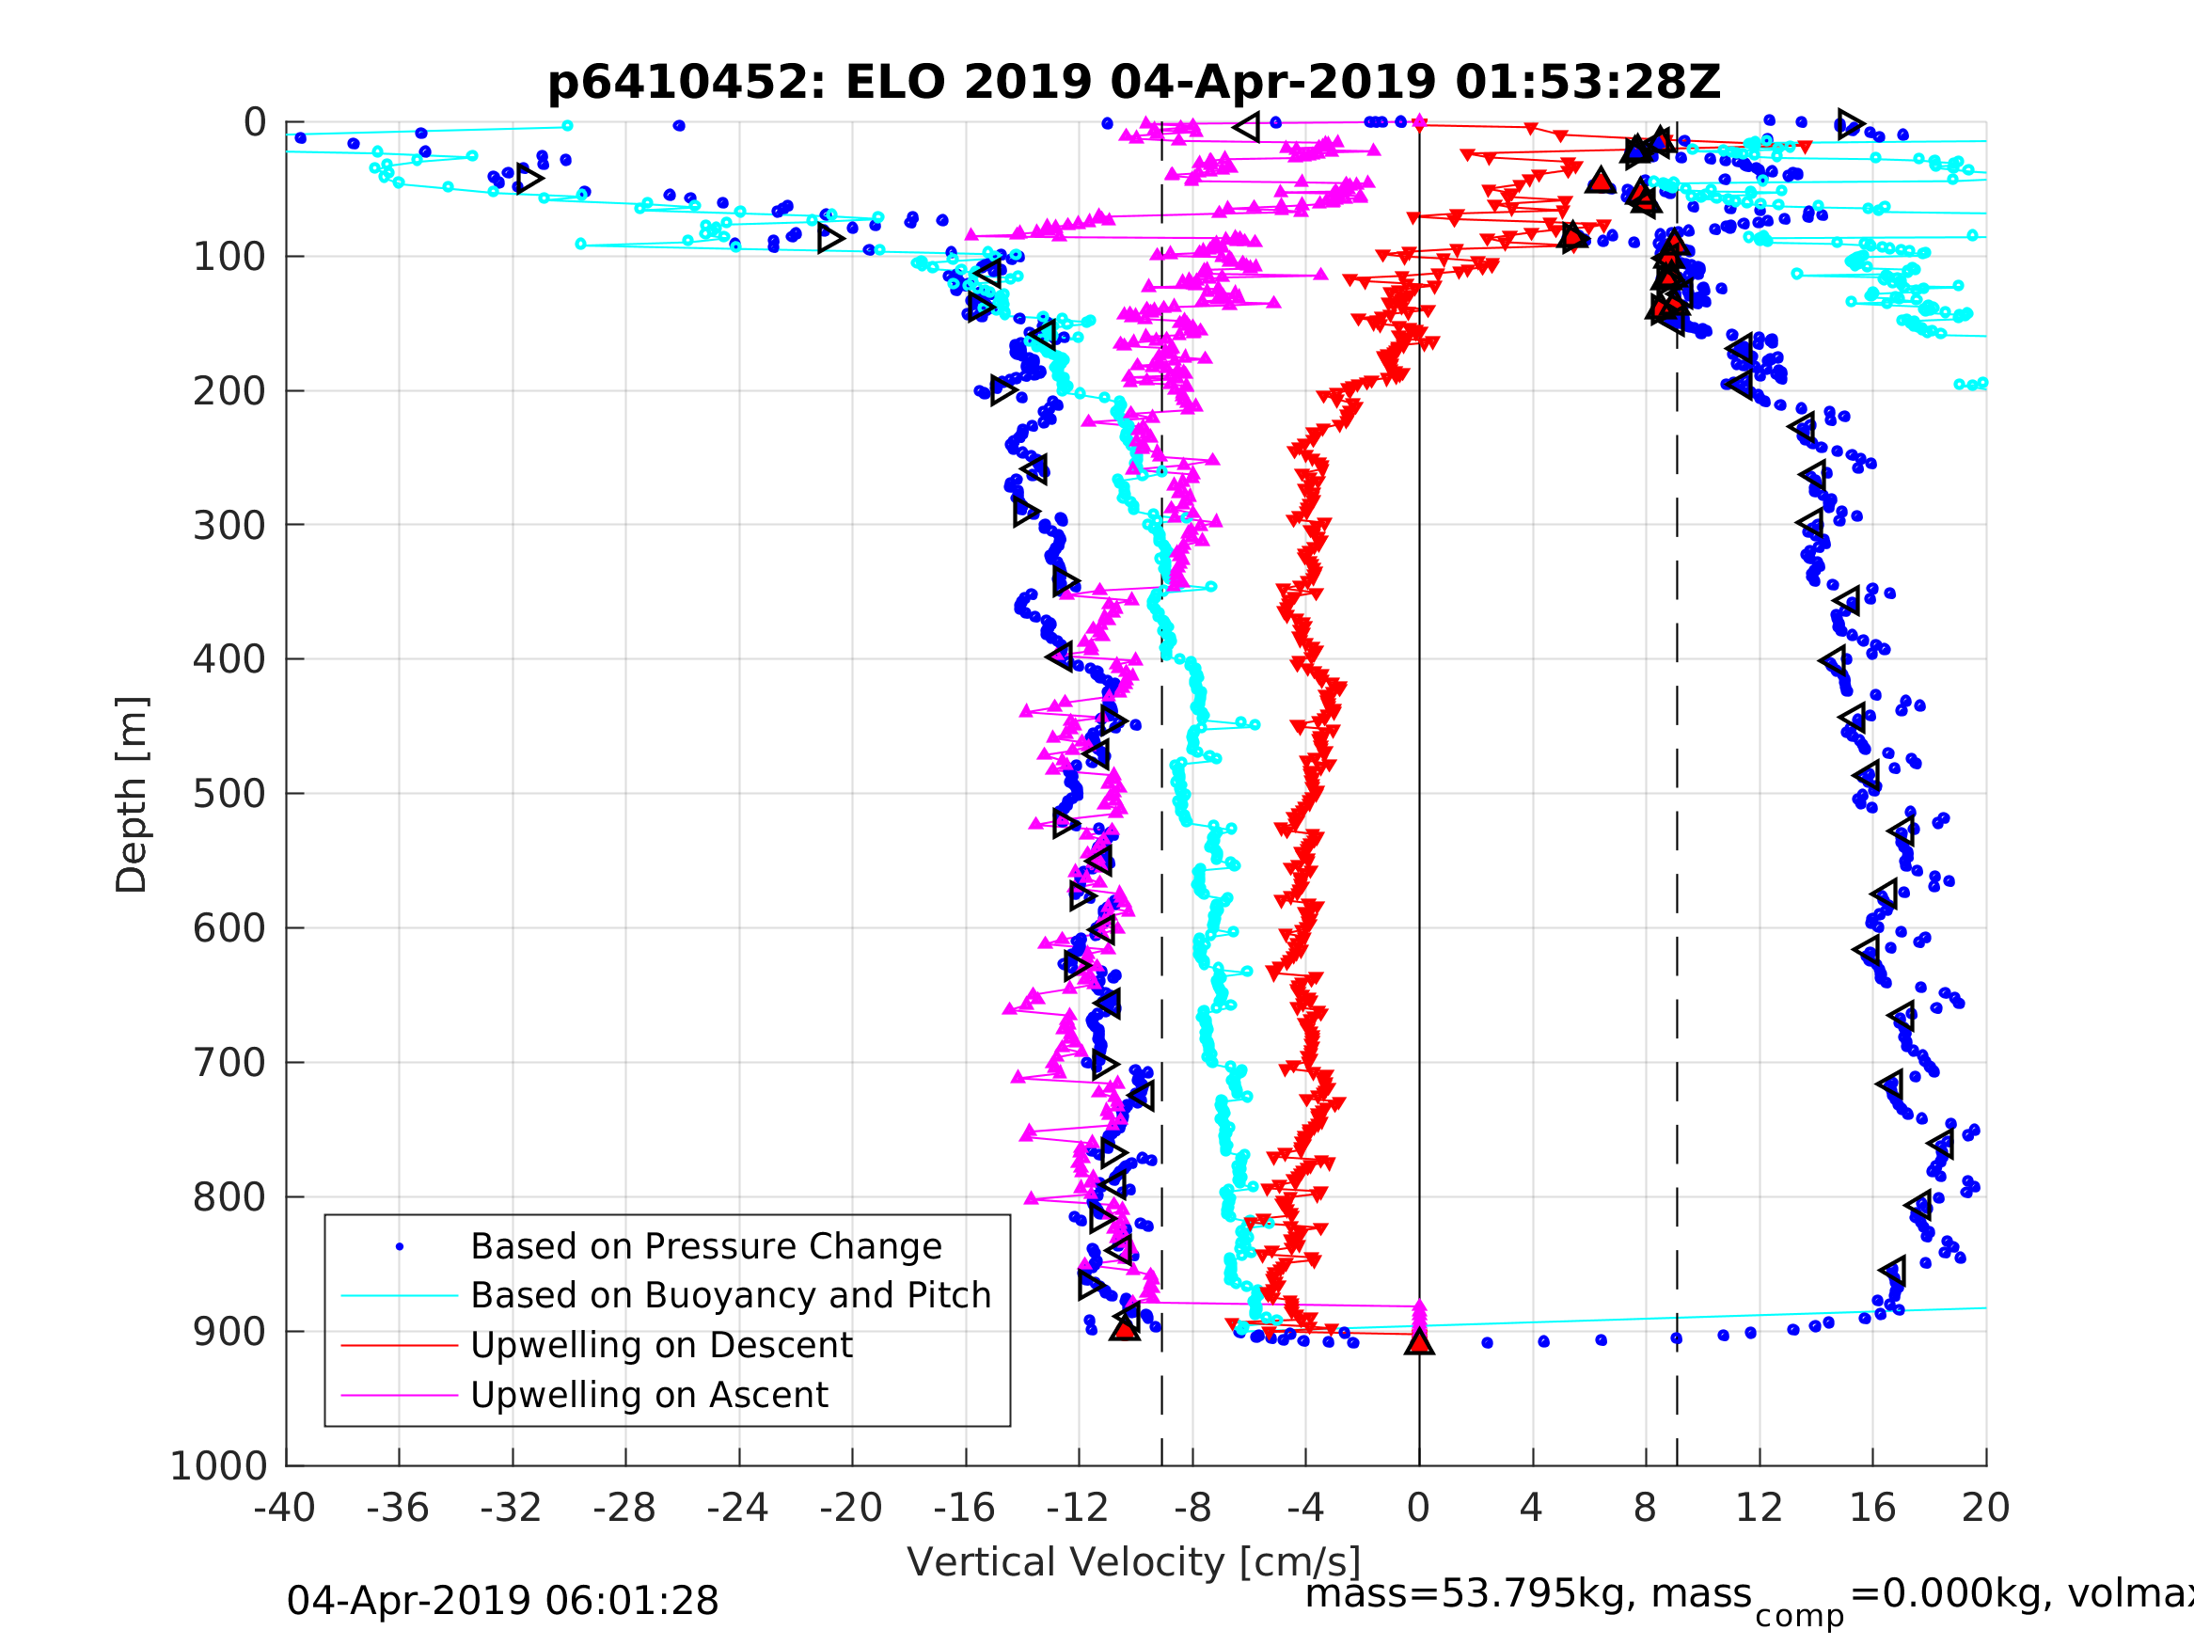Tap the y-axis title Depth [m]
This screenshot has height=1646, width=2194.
pos(132,795)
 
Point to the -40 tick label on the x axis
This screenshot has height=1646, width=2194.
pos(285,1509)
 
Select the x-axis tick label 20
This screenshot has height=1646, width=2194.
pos(1986,1509)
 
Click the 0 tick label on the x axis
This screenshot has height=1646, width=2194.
pos(1418,1509)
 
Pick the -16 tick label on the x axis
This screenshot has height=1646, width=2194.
pos(964,1509)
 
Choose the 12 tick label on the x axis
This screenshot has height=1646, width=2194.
pos(1759,1509)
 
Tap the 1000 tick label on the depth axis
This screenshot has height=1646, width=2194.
pos(219,1466)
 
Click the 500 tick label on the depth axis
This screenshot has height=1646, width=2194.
pos(230,795)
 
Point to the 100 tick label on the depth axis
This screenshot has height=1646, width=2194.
pos(230,258)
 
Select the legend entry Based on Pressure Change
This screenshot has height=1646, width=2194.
pos(705,1247)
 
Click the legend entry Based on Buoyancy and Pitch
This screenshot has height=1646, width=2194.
pos(730,1296)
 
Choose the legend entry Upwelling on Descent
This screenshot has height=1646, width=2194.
pos(660,1345)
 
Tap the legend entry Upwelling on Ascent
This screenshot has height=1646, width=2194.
pos(649,1395)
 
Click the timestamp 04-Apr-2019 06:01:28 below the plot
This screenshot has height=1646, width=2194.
pos(502,1602)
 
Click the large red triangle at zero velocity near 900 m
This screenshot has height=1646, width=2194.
pos(1419,1342)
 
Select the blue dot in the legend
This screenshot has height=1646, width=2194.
pos(400,1247)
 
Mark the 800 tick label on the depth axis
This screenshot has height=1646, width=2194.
pos(230,1198)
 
